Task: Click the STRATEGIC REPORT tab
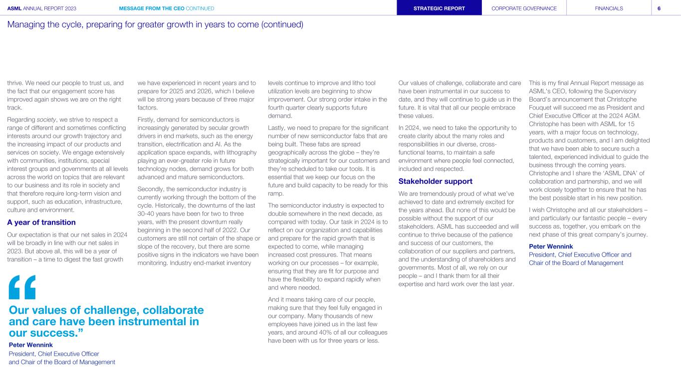coord(439,8)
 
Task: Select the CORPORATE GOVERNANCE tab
coord(524,8)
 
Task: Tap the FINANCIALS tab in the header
coord(609,8)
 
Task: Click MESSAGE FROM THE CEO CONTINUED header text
coord(167,8)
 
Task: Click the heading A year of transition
coord(41,222)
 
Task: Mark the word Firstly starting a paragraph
coord(148,119)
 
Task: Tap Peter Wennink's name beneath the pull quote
coord(31,345)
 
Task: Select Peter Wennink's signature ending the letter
coord(551,246)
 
